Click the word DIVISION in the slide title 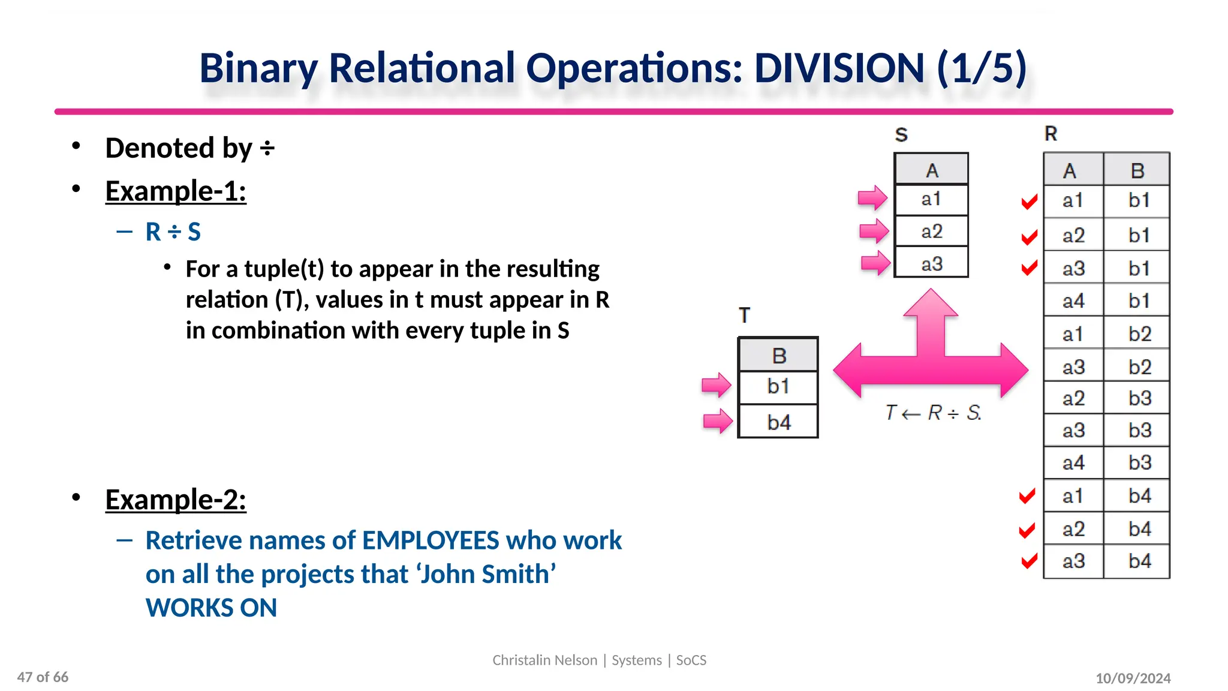tap(839, 68)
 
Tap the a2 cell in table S tap(931, 232)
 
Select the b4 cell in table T tap(778, 422)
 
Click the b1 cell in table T tap(778, 386)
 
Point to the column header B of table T tap(778, 356)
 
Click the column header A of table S tap(931, 171)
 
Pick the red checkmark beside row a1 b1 tap(1029, 202)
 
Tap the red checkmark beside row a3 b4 tap(1029, 561)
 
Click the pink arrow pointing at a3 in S tap(875, 263)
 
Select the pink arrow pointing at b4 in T tap(717, 421)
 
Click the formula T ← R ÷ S tap(933, 413)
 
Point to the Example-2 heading tap(176, 499)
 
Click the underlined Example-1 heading tap(176, 191)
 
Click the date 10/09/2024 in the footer tap(1133, 678)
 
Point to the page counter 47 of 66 tap(43, 677)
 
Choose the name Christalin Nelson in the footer tap(544, 660)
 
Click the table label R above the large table tap(1051, 134)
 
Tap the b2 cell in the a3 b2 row tap(1139, 366)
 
